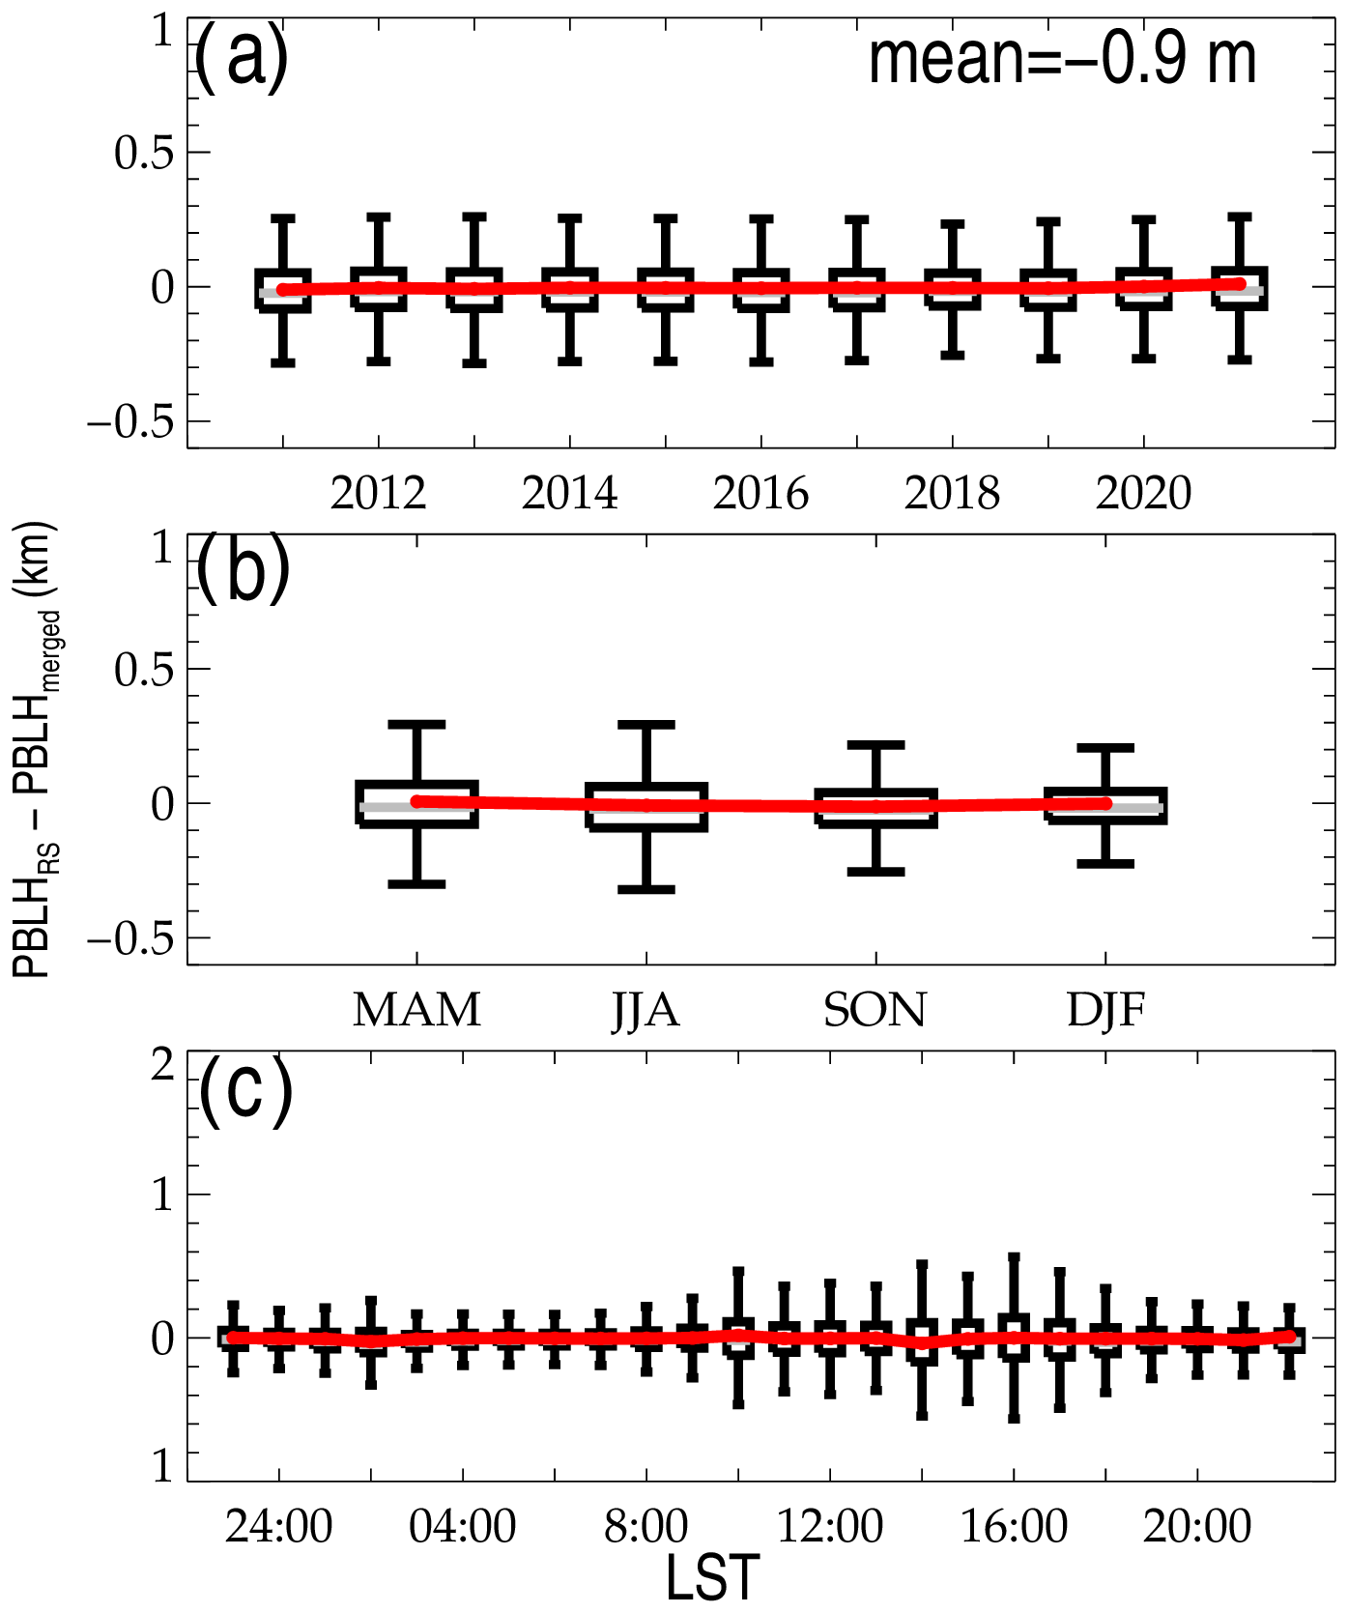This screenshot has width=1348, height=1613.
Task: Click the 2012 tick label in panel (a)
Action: (378, 494)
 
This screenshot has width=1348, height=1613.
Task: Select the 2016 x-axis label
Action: (760, 494)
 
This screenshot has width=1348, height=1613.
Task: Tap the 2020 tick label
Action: (1143, 494)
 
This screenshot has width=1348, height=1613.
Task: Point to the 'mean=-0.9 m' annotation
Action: (1062, 60)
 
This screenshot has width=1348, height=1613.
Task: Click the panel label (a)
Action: (241, 58)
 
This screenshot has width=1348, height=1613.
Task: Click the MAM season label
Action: (416, 1011)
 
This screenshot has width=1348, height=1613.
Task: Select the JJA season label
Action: (645, 1011)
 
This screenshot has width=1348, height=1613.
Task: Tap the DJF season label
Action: (1105, 1011)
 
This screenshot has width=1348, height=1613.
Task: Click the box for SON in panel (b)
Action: (875, 808)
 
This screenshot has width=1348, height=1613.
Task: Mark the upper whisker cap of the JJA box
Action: (645, 724)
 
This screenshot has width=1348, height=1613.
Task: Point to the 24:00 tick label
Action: (278, 1528)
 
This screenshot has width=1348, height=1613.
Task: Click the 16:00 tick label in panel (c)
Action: (1014, 1528)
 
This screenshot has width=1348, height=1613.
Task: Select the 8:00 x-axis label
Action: (645, 1528)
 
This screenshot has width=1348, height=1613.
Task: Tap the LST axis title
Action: (713, 1579)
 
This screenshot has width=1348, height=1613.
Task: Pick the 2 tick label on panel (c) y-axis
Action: (163, 1065)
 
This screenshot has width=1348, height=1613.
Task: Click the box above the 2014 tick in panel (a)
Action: (569, 289)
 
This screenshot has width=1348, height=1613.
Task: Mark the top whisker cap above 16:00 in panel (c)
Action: (1014, 1258)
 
